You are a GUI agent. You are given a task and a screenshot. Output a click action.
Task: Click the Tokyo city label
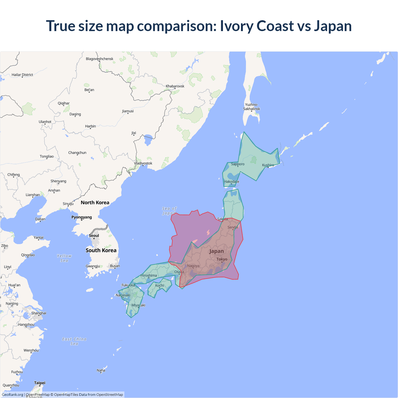pyautogui.click(x=222, y=259)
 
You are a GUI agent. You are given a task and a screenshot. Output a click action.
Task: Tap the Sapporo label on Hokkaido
pyautogui.click(x=238, y=164)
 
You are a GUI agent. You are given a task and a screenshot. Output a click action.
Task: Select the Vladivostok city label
pyautogui.click(x=143, y=163)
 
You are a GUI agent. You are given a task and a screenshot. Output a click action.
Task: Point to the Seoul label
pyautogui.click(x=94, y=235)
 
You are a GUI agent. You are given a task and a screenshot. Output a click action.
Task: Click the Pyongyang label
pyautogui.click(x=81, y=217)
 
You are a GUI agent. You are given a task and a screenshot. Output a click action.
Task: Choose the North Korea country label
pyautogui.click(x=95, y=202)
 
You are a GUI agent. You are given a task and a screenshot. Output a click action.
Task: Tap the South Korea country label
pyautogui.click(x=101, y=250)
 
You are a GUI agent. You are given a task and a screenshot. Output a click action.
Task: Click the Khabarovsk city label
pyautogui.click(x=175, y=86)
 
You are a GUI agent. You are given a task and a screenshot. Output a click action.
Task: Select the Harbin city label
pyautogui.click(x=90, y=126)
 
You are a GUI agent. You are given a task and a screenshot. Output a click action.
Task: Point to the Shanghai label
pyautogui.click(x=39, y=313)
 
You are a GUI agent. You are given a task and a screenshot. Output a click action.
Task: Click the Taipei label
pyautogui.click(x=40, y=383)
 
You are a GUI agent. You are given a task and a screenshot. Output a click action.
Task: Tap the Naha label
pyautogui.click(x=101, y=370)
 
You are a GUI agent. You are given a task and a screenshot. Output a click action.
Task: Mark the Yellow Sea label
pyautogui.click(x=64, y=258)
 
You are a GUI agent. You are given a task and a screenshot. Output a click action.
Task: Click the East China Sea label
pyautogui.click(x=74, y=341)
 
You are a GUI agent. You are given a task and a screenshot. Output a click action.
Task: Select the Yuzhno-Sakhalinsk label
pyautogui.click(x=252, y=107)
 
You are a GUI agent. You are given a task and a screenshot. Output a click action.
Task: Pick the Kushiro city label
pyautogui.click(x=268, y=165)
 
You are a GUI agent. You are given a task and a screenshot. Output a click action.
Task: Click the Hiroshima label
pyautogui.click(x=149, y=275)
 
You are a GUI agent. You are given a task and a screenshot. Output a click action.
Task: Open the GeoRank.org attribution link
pyautogui.click(x=12, y=395)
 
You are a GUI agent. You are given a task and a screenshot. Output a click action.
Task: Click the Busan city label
pyautogui.click(x=115, y=266)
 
